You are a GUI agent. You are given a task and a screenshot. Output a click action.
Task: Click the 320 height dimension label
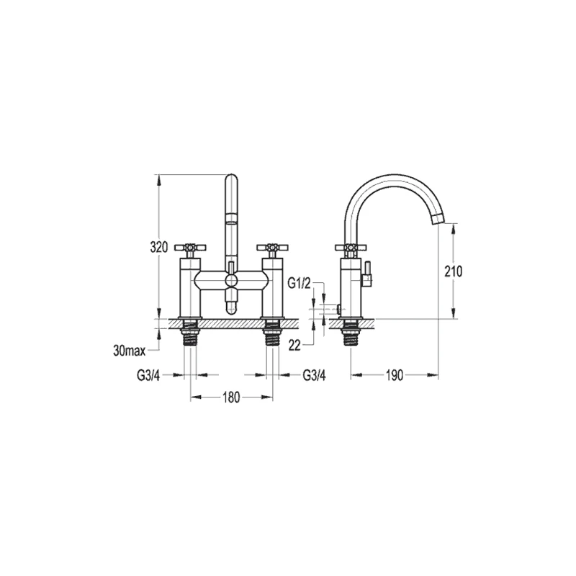(x=158, y=247)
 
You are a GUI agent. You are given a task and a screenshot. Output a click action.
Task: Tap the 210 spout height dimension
(x=454, y=271)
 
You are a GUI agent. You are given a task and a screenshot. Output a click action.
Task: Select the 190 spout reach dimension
(x=395, y=375)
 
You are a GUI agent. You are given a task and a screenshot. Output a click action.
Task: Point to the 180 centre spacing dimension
(x=231, y=397)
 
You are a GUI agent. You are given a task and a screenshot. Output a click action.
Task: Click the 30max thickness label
(x=130, y=351)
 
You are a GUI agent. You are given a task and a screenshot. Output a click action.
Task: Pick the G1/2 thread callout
(x=299, y=284)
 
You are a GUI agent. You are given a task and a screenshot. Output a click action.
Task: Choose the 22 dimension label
(x=294, y=346)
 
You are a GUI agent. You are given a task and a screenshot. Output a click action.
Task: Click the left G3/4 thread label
(x=148, y=375)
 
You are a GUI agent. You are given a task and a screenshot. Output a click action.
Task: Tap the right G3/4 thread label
(x=314, y=375)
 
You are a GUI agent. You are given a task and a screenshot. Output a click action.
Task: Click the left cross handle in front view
(x=190, y=247)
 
